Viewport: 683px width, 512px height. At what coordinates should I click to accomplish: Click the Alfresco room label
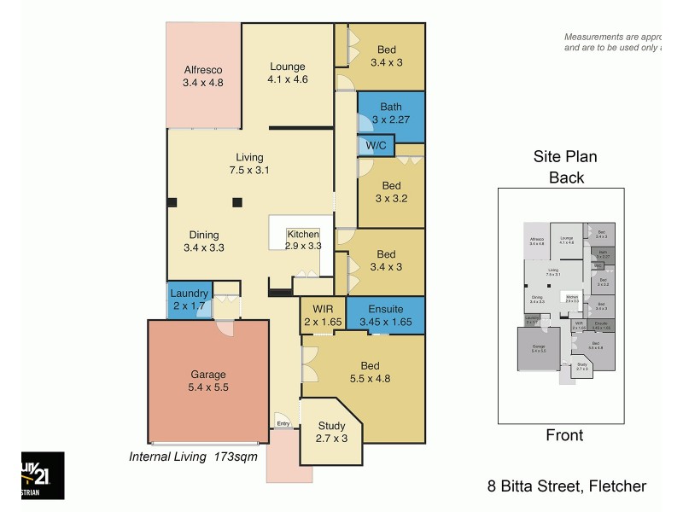[202, 77]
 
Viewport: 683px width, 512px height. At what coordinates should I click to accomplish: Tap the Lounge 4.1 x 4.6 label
[288, 73]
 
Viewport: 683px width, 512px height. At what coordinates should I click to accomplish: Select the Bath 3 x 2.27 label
[390, 113]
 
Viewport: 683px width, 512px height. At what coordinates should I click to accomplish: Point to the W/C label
[376, 146]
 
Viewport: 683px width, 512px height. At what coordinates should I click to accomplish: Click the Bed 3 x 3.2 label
[391, 192]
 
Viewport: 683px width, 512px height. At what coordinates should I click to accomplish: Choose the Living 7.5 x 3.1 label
[249, 164]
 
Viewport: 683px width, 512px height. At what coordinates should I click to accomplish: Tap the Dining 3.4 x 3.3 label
[203, 241]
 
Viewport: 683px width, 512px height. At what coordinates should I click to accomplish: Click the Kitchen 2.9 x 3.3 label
[303, 240]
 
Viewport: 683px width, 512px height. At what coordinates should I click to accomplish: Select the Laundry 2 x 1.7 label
[188, 300]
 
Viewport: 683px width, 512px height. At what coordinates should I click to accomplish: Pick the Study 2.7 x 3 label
[331, 432]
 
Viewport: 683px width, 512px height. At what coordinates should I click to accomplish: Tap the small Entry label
[283, 423]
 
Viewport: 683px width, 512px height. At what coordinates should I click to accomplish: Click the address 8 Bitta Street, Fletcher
[567, 487]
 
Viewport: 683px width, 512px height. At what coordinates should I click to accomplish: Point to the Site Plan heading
[565, 157]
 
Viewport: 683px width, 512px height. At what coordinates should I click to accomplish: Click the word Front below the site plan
[564, 435]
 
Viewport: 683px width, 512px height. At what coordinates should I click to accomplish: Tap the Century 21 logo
[43, 475]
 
